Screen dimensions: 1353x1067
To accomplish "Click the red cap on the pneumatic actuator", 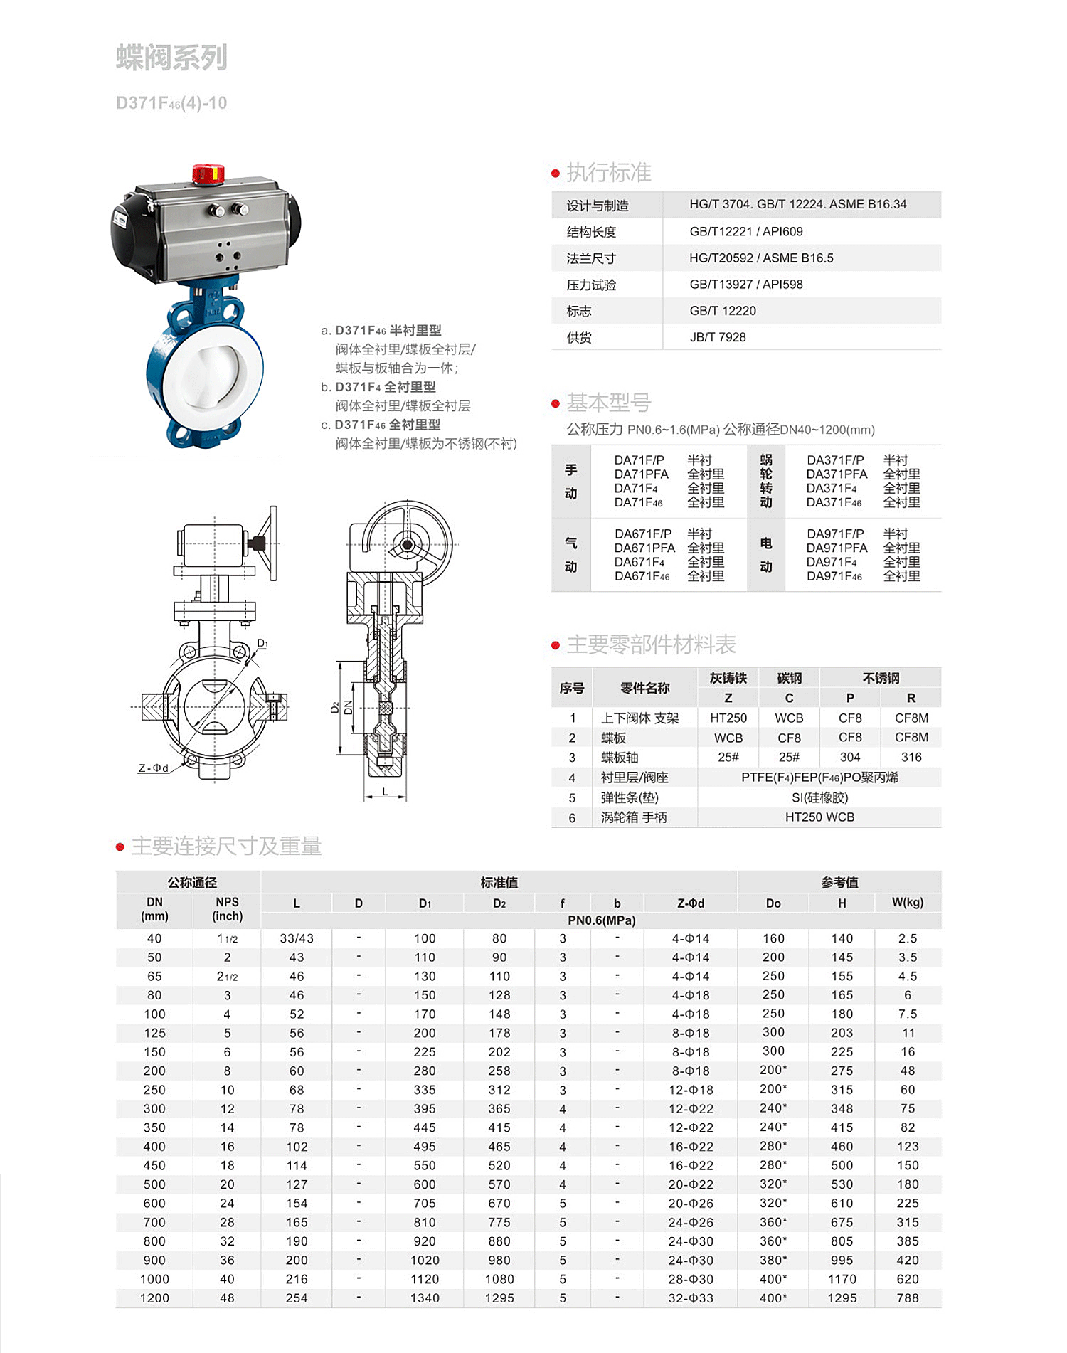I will point(208,173).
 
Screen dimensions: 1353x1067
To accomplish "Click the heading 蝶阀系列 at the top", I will point(171,58).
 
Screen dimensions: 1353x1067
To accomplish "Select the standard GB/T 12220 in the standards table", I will point(723,311).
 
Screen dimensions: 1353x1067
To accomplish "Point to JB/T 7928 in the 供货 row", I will point(718,337).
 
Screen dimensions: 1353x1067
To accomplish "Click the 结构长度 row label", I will point(591,232).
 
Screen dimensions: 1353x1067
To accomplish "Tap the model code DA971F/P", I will point(835,534).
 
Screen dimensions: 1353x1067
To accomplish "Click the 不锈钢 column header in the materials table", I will point(881,678).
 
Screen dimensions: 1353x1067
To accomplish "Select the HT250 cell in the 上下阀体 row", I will point(728,718).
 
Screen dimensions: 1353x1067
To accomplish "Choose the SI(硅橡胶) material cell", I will point(819,797).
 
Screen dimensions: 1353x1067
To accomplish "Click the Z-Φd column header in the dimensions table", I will point(691,903).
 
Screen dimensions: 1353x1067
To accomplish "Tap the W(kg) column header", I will point(908,903).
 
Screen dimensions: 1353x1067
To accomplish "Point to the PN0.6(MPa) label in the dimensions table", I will point(601,920).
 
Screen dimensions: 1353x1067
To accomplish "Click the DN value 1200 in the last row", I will point(154,1298).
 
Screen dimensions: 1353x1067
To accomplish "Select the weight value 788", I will point(908,1298).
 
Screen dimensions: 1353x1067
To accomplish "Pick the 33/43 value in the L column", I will point(297,939).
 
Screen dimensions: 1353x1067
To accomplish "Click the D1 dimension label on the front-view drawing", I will point(262,644).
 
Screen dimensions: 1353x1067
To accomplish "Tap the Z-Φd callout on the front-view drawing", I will point(153,768).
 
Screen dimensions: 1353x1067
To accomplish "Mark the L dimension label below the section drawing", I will point(385,791).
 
